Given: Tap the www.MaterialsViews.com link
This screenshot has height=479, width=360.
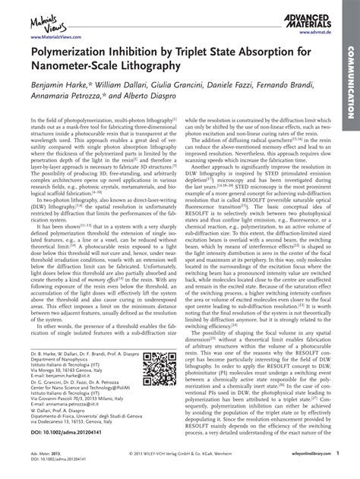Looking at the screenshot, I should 52,37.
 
